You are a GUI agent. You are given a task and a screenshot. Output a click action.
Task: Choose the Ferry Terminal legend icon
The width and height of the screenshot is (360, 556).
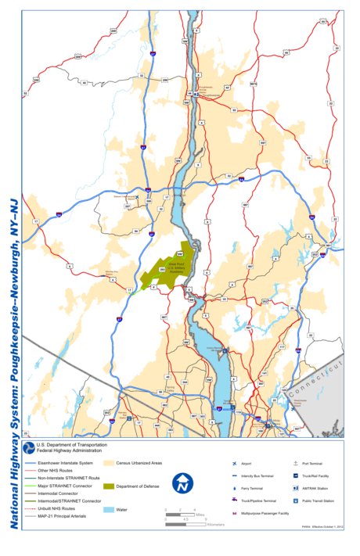click(x=234, y=486)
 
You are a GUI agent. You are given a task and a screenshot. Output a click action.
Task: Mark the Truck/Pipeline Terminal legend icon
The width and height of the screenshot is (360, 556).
click(x=234, y=499)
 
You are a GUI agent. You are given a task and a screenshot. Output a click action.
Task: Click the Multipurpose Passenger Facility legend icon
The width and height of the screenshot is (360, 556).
click(x=234, y=512)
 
